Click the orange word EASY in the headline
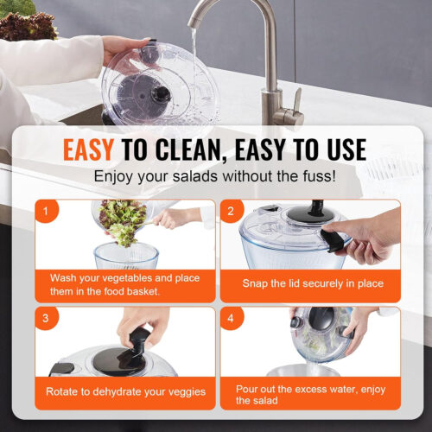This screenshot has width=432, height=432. click(88, 149)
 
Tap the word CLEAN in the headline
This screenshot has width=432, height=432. click(196, 149)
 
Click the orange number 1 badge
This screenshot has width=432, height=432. click(46, 210)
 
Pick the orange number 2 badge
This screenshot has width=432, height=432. click(231, 210)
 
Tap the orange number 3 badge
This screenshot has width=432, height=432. click(46, 317)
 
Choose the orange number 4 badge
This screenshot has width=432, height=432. click(231, 317)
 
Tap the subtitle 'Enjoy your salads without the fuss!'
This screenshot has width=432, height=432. click(215, 178)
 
